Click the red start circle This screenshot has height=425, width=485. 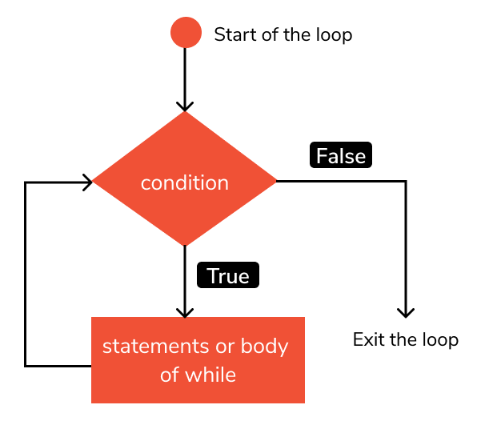pyautogui.click(x=185, y=33)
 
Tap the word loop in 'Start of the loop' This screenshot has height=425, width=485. pyautogui.click(x=335, y=35)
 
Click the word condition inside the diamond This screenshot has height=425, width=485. pyautogui.click(x=185, y=183)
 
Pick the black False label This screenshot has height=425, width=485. pyautogui.click(x=341, y=155)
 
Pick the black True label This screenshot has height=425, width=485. pyautogui.click(x=228, y=276)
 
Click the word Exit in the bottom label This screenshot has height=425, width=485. pyautogui.click(x=367, y=339)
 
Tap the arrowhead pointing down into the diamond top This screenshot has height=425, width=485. pyautogui.click(x=185, y=106)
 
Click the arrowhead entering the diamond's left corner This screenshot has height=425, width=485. pyautogui.click(x=87, y=182)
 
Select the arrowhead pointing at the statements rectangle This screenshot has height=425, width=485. pyautogui.click(x=185, y=312)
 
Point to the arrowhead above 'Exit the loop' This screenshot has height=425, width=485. pyautogui.click(x=406, y=312)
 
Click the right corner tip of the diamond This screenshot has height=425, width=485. pyautogui.click(x=276, y=182)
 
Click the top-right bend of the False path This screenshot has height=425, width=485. pyautogui.click(x=406, y=182)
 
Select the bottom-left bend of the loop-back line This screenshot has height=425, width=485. pyautogui.click(x=26, y=366)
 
